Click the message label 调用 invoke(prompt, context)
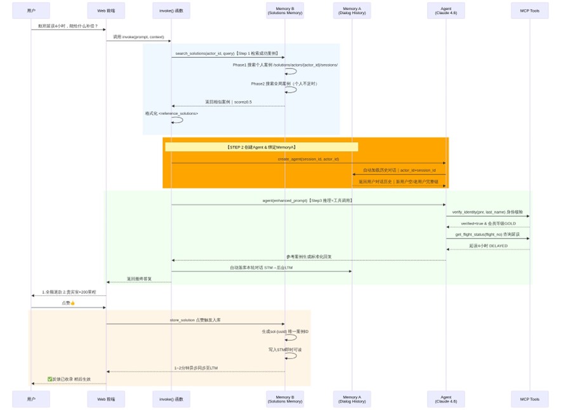click(138, 37)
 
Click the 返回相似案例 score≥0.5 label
click(228, 102)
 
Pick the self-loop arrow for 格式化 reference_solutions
click(178, 119)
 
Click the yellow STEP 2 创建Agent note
click(261, 147)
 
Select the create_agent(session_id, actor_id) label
click(308, 159)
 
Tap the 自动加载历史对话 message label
click(399, 170)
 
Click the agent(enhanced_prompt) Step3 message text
click(308, 201)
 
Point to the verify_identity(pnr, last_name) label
click(487, 212)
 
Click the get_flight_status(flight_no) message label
click(487, 234)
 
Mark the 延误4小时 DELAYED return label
click(488, 246)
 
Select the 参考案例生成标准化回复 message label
click(308, 256)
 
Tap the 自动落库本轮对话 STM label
click(261, 268)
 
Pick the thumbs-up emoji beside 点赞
click(72, 303)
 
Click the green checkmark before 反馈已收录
click(50, 380)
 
